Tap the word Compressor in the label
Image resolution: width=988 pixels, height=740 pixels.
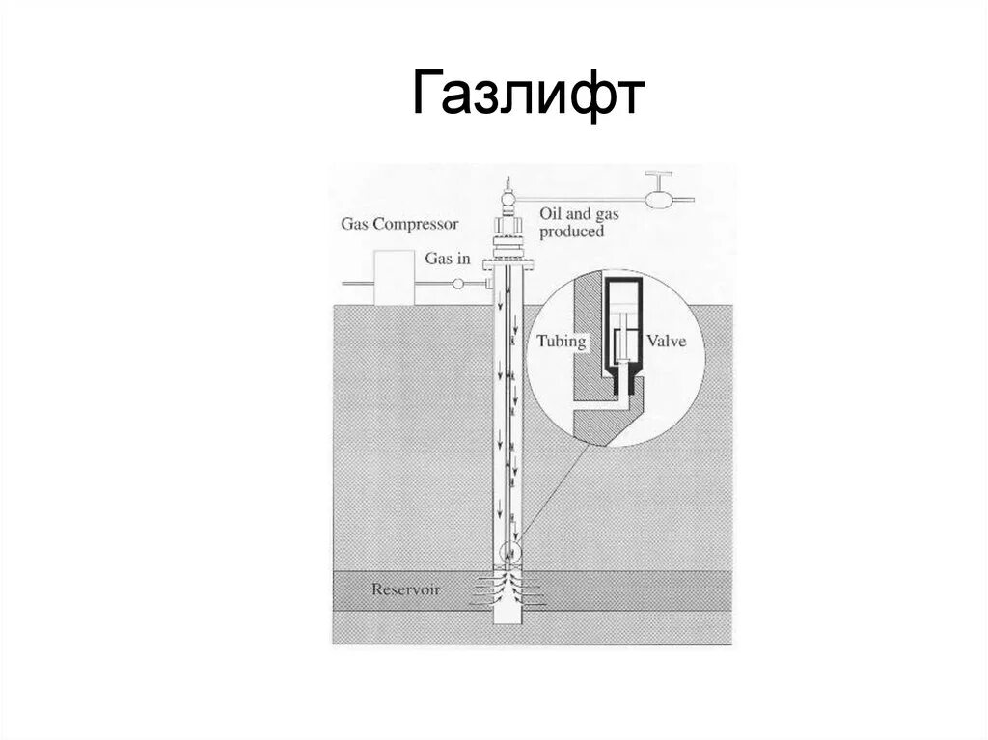click(x=419, y=224)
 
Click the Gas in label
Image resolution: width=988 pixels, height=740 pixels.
click(x=448, y=259)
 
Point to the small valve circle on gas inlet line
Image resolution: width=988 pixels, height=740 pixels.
click(x=458, y=283)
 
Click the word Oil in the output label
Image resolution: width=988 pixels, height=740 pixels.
click(x=552, y=215)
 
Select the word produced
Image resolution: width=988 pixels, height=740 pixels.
click(x=571, y=232)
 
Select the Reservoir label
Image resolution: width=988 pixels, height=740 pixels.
click(x=406, y=589)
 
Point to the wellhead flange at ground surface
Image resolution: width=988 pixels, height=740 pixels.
click(x=509, y=261)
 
